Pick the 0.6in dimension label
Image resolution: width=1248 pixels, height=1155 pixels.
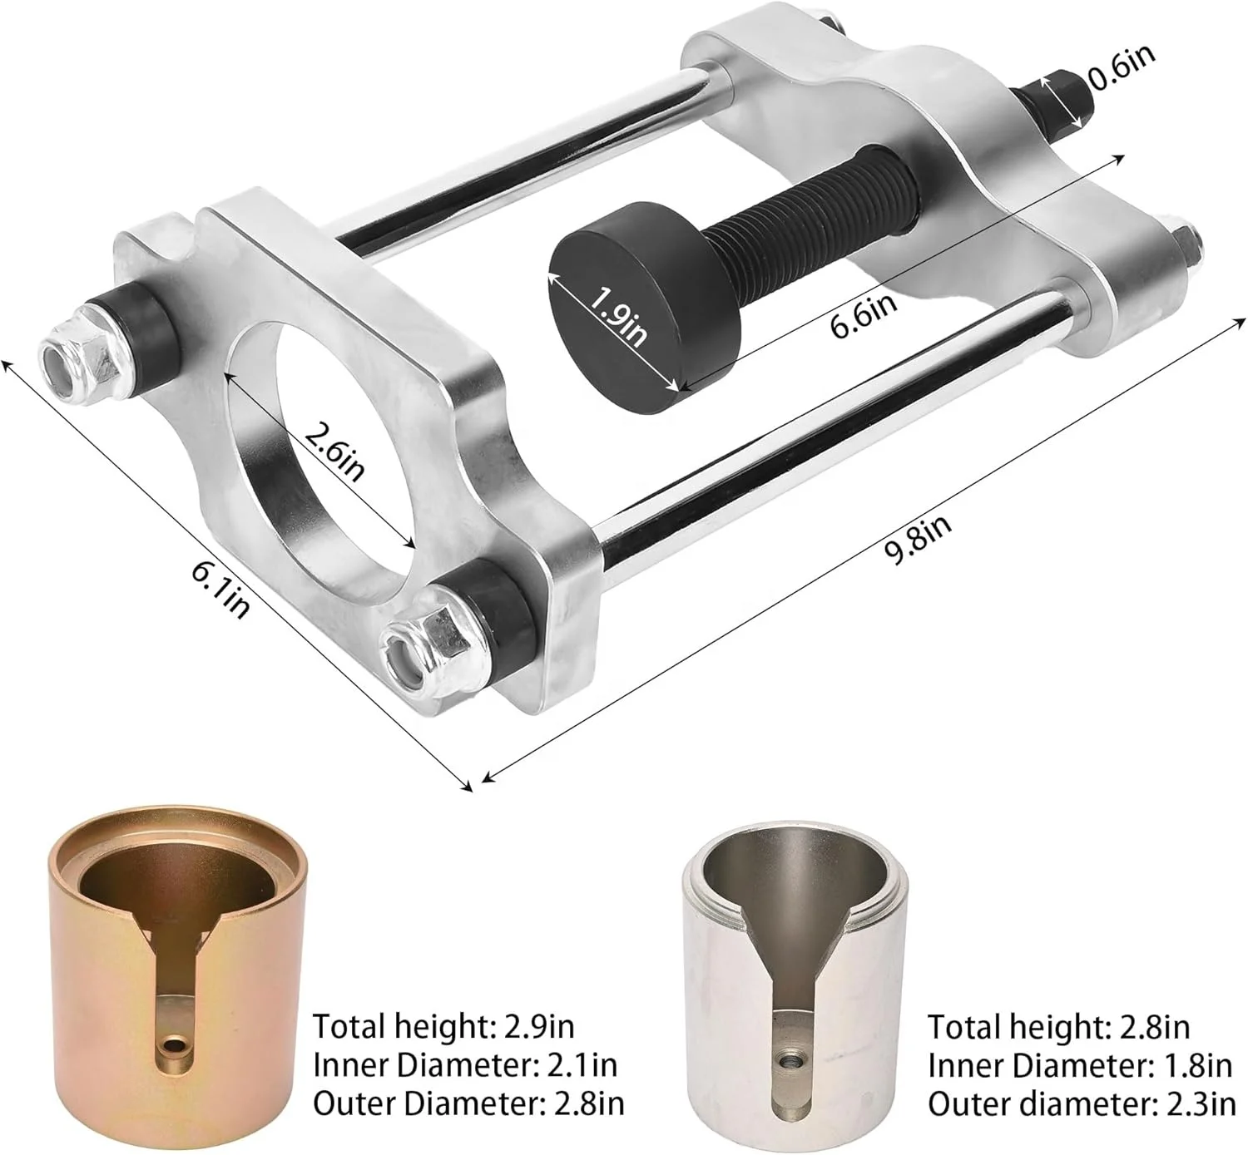pyautogui.click(x=1121, y=67)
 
